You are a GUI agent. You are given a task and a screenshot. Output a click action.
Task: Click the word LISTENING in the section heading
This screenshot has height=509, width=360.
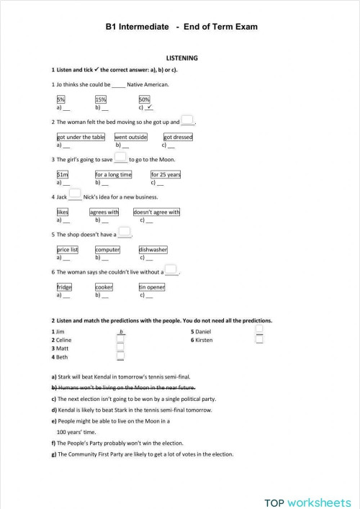click(181, 58)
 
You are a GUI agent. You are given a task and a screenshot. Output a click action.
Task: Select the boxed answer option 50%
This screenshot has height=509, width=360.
click(144, 99)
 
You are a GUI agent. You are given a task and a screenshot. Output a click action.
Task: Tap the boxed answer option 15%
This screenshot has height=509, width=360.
click(101, 99)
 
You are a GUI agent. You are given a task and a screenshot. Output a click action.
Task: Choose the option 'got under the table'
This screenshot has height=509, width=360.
click(81, 137)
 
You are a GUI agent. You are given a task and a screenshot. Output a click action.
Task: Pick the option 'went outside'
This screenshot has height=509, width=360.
click(130, 137)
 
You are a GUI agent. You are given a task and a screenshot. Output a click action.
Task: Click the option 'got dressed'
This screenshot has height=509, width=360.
click(178, 137)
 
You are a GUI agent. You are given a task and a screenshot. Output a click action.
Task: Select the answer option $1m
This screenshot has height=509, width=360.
click(62, 174)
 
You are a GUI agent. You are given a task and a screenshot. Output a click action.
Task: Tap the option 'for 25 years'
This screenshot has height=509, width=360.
click(166, 174)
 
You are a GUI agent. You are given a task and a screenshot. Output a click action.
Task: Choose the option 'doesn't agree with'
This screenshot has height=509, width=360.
click(156, 212)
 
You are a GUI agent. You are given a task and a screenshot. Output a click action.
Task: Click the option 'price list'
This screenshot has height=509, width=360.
click(68, 250)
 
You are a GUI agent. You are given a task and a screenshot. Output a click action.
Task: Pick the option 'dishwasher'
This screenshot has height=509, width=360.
click(153, 250)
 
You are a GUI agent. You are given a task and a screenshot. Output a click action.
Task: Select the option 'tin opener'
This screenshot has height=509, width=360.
click(152, 287)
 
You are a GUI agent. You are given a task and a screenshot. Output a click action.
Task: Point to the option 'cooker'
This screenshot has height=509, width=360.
click(104, 287)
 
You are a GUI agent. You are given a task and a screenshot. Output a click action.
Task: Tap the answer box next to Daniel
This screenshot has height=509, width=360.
click(259, 330)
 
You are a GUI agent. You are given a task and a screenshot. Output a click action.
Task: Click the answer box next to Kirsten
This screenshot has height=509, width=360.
click(259, 339)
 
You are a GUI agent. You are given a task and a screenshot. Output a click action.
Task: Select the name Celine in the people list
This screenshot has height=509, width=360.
click(63, 340)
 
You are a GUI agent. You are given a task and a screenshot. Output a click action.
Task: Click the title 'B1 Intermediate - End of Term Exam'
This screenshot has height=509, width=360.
click(181, 27)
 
